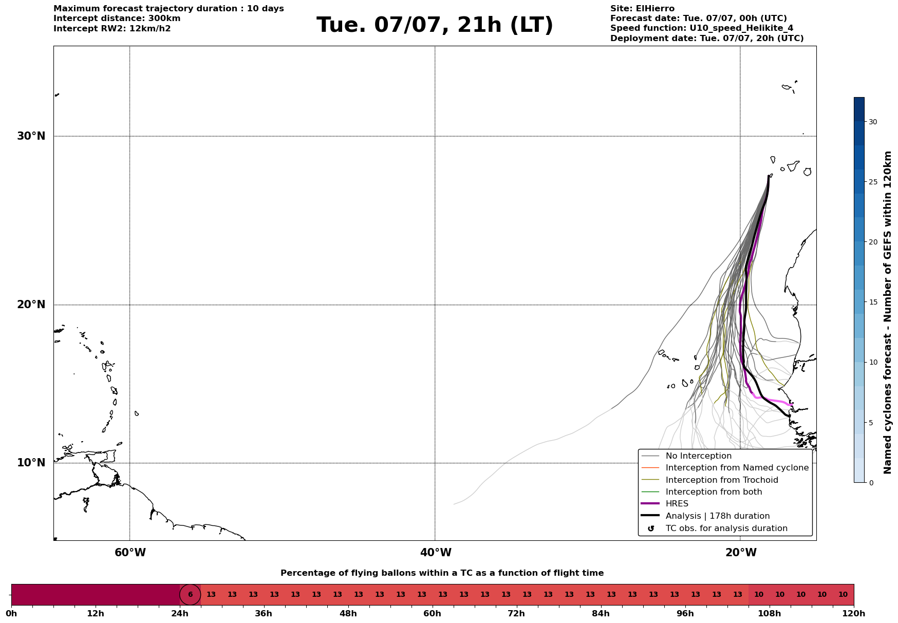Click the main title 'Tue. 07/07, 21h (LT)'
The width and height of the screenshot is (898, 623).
tap(435, 26)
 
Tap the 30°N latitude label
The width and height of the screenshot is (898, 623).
tap(31, 136)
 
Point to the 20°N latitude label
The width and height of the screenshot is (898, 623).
tap(31, 305)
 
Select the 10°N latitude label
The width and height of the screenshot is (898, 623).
tap(31, 463)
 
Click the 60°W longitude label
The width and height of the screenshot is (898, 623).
tap(130, 553)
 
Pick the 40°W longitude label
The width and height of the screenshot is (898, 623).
tap(436, 553)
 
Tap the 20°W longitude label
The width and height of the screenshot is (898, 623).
tap(741, 553)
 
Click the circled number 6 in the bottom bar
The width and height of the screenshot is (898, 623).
tap(190, 595)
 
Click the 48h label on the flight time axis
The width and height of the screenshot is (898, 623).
tap(348, 614)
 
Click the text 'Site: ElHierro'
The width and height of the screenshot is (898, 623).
tap(642, 9)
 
